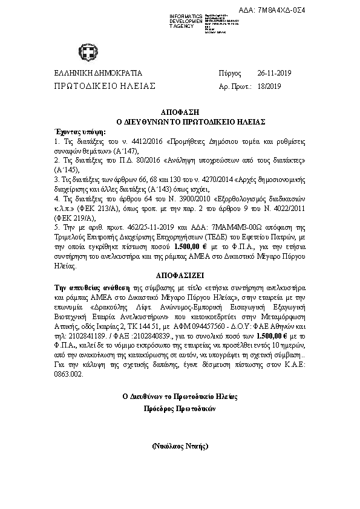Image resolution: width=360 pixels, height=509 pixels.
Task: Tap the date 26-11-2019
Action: tap(274, 74)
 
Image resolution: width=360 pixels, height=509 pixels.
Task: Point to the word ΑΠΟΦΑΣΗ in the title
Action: tap(179, 112)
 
